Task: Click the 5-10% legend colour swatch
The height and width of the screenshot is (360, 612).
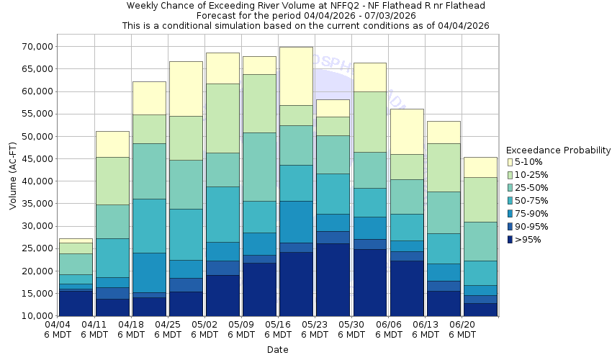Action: coord(511,162)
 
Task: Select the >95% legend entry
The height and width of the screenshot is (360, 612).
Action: coord(529,240)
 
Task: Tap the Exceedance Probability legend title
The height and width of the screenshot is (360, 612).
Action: coord(558,150)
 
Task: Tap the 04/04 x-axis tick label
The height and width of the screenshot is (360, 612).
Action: coord(58,330)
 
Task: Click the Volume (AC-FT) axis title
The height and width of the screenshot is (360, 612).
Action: coord(13,181)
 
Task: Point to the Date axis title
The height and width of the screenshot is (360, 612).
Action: coord(277,350)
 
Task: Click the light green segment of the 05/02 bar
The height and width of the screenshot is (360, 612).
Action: coord(223,118)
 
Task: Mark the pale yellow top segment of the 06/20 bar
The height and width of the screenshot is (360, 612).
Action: coord(481,167)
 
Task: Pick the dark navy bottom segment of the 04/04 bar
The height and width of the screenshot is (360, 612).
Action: coord(76,303)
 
